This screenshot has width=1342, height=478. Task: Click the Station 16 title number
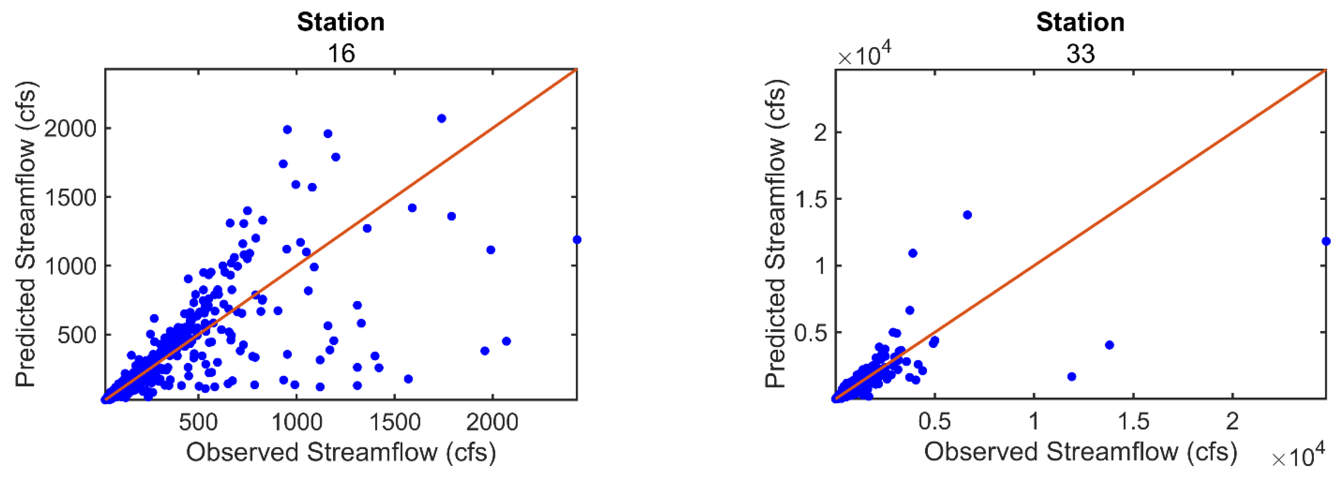click(341, 54)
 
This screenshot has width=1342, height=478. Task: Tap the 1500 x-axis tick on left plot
click(395, 421)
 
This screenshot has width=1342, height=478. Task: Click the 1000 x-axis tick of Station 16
click(297, 421)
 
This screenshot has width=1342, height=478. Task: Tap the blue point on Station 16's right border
click(577, 240)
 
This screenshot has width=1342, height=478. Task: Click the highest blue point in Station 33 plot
click(967, 215)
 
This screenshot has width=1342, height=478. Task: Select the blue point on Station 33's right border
click(1326, 241)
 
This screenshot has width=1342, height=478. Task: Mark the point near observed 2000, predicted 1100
click(490, 250)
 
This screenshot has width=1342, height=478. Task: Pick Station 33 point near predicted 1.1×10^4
click(913, 253)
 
